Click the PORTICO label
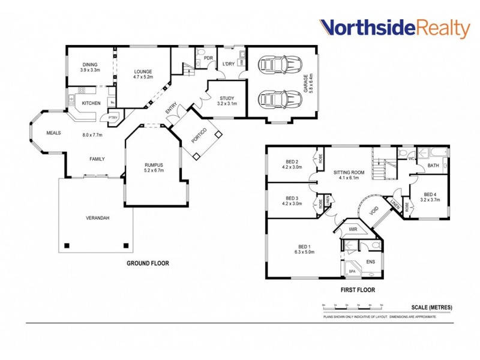tap(199, 136)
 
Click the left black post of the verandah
tap(67, 245)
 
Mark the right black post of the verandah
tap(126, 245)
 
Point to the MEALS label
tap(54, 133)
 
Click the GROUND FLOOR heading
tap(147, 263)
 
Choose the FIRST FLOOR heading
tap(357, 290)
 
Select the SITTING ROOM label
tap(348, 175)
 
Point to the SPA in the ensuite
tap(352, 271)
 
